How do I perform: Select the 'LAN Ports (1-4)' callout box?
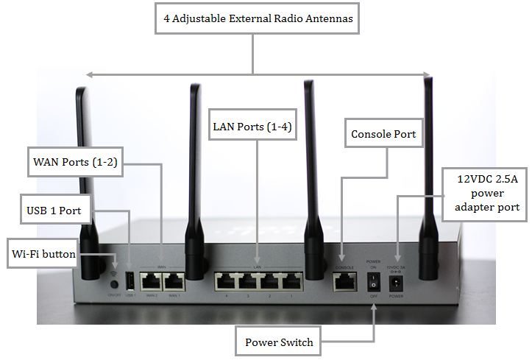click(252, 127)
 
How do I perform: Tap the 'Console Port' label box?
click(383, 134)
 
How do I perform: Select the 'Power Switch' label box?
click(279, 342)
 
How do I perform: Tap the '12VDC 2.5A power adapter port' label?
click(485, 191)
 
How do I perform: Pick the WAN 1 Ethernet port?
click(174, 280)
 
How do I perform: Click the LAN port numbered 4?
click(226, 280)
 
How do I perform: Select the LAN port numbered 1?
click(293, 280)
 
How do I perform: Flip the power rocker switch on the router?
click(373, 280)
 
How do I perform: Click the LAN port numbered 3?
click(248, 280)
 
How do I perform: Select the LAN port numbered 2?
click(271, 280)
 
